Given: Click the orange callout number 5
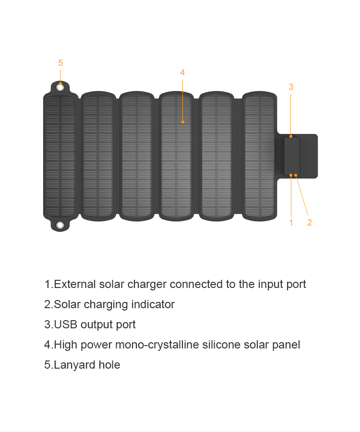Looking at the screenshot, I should (60, 63).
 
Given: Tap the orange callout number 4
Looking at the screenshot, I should (182, 72).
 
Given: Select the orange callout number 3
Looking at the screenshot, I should (291, 87).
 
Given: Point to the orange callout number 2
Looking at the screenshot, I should (310, 222).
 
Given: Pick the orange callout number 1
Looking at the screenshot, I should (291, 222).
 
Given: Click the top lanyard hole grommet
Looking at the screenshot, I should (60, 87).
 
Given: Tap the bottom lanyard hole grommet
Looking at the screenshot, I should (60, 225).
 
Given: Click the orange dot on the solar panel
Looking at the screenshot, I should (183, 122).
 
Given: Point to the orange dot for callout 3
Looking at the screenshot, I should (291, 136).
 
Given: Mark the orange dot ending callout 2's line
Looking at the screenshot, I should (296, 175).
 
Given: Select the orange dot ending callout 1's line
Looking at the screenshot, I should (291, 175).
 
